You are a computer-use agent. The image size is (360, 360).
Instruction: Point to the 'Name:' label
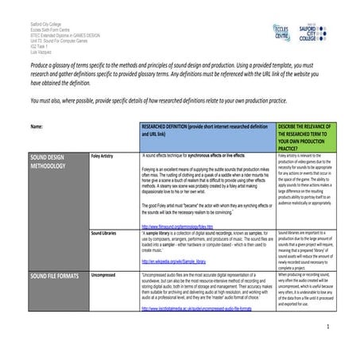(37, 126)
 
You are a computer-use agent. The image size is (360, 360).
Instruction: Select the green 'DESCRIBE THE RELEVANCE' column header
(307, 136)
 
